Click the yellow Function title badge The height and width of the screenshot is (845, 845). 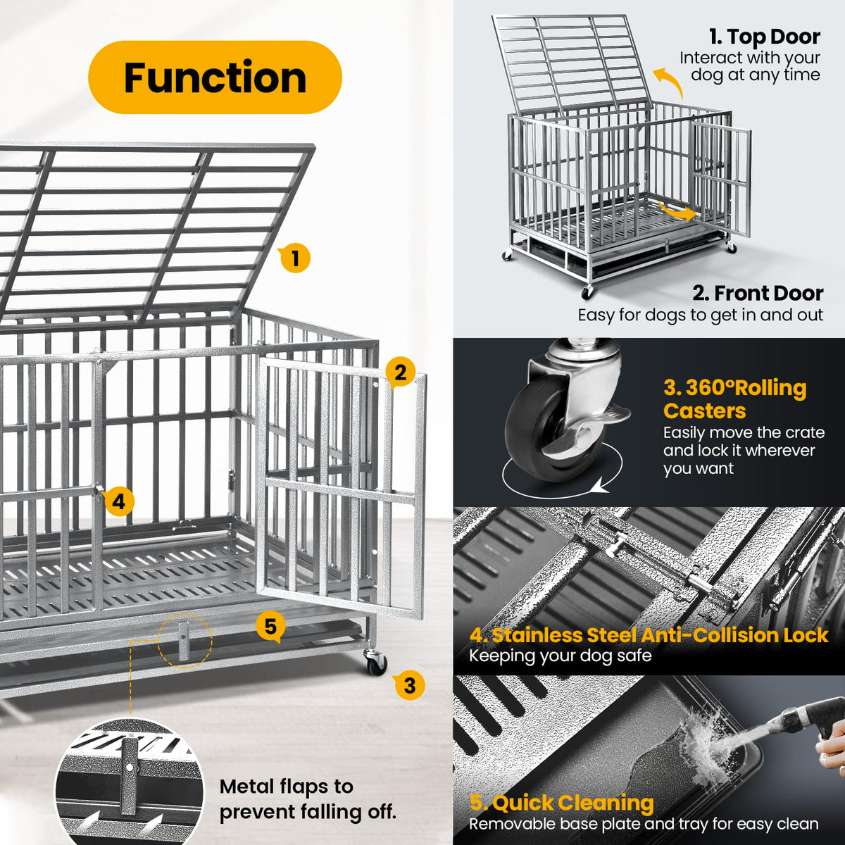pyautogui.click(x=215, y=77)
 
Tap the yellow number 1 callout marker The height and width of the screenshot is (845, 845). pyautogui.click(x=294, y=258)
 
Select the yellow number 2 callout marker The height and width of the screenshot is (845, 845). pyautogui.click(x=400, y=373)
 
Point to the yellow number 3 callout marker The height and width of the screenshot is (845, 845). pyautogui.click(x=409, y=685)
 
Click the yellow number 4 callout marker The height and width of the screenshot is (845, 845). pyautogui.click(x=118, y=501)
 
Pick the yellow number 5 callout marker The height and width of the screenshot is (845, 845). pyautogui.click(x=270, y=627)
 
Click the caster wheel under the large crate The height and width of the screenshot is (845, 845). pyautogui.click(x=376, y=663)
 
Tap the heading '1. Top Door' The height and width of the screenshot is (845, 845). pyautogui.click(x=765, y=37)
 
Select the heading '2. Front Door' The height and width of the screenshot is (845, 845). pyautogui.click(x=758, y=294)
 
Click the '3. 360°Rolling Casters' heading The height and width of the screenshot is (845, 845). pyautogui.click(x=735, y=399)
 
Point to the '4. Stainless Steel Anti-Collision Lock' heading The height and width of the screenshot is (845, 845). pyautogui.click(x=649, y=635)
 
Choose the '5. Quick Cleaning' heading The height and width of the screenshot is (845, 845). pyautogui.click(x=562, y=803)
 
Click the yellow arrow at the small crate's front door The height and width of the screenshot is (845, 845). pyautogui.click(x=677, y=212)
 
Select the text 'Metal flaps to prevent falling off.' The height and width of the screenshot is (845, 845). pyautogui.click(x=308, y=799)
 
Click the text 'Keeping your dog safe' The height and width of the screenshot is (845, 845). pyautogui.click(x=561, y=656)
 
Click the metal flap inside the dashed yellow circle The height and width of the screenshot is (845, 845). pyautogui.click(x=184, y=641)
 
